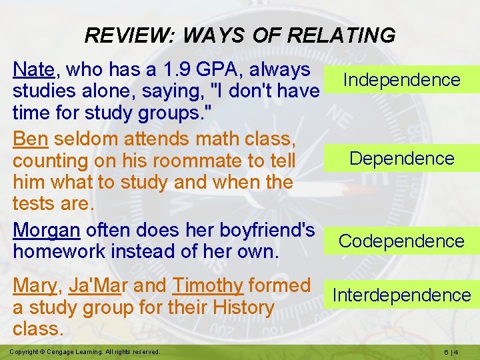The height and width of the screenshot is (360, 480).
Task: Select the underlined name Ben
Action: click(x=30, y=139)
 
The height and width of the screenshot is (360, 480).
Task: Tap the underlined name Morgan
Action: click(x=47, y=230)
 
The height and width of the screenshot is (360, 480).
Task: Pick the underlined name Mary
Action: click(x=35, y=285)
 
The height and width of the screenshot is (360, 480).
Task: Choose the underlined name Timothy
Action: click(x=208, y=285)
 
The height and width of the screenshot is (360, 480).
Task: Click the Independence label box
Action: click(x=401, y=80)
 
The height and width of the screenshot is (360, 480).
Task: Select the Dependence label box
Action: click(x=401, y=159)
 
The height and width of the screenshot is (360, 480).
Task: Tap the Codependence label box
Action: click(x=401, y=241)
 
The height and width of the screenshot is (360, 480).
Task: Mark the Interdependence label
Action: click(x=401, y=295)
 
